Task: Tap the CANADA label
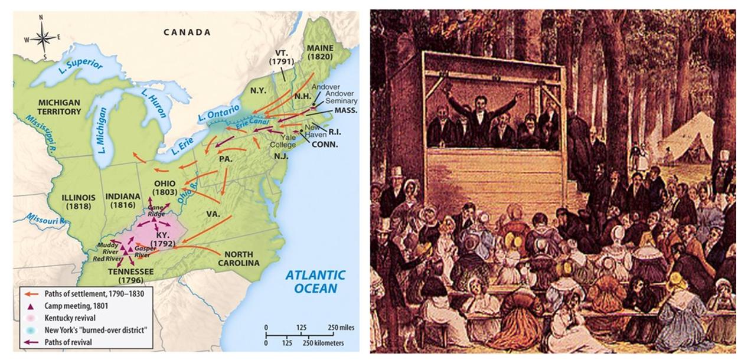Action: (x=187, y=32)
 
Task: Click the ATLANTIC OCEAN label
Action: (x=316, y=281)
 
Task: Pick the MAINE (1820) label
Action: (x=319, y=53)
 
